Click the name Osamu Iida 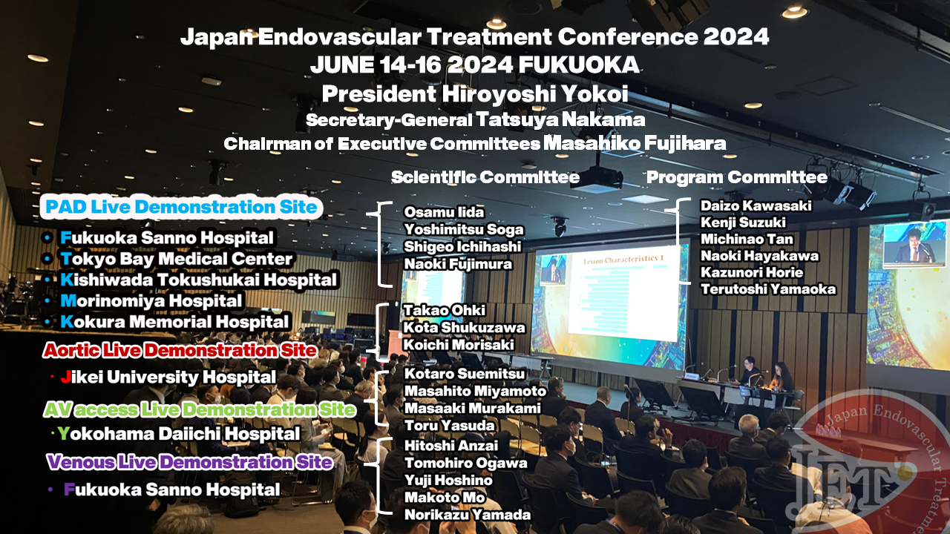point(444,212)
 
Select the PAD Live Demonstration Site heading point(181,207)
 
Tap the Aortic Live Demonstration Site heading point(180,351)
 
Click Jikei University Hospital point(168,377)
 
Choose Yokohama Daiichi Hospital point(179,434)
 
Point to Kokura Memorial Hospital point(174,322)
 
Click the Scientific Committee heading point(485,177)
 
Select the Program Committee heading point(737,177)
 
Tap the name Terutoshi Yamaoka point(768,289)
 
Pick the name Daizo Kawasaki point(756,205)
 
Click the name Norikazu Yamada point(468,515)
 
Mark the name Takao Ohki point(444,310)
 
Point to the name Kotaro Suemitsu point(465,373)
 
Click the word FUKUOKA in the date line point(578,65)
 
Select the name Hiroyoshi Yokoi point(535,93)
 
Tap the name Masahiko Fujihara point(635,143)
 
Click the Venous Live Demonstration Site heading point(189,462)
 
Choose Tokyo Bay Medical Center point(177,259)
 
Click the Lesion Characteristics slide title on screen point(623,260)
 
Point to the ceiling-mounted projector point(597,178)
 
